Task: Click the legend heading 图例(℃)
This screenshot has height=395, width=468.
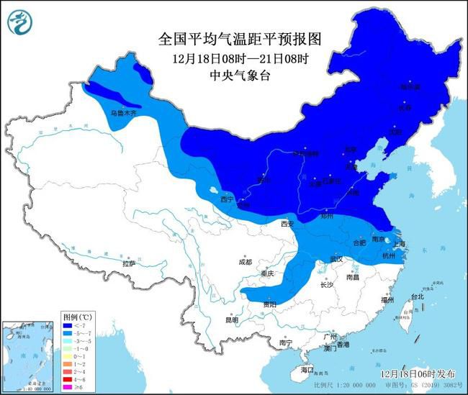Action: point(75,317)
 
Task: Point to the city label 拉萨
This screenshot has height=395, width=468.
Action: point(129,264)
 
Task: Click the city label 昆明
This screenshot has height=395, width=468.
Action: point(230,319)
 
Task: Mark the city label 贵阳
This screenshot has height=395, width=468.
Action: point(269,304)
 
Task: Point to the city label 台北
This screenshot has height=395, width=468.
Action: point(418,296)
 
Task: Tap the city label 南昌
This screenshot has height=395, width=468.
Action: point(352,276)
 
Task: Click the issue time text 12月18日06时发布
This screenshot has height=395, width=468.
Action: point(417,374)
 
